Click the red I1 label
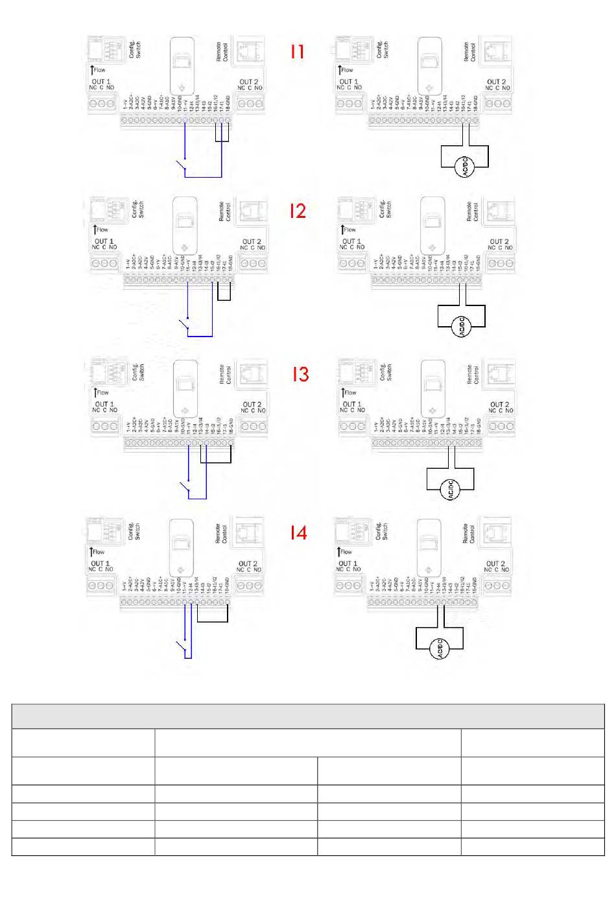click(x=297, y=52)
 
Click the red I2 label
click(x=298, y=211)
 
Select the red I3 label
click(x=300, y=375)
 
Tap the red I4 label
click(x=298, y=533)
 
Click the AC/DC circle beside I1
click(x=465, y=167)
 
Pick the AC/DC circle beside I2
click(x=462, y=326)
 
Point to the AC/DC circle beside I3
click(x=450, y=490)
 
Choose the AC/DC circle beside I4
click(x=440, y=648)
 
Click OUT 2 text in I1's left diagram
click(x=250, y=82)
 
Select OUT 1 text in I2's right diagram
click(x=351, y=242)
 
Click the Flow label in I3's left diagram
click(x=102, y=392)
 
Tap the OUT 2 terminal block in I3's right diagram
click(x=501, y=426)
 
